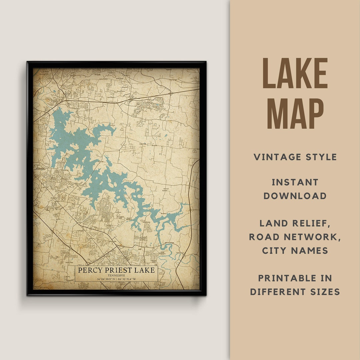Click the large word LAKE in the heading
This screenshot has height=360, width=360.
click(295, 73)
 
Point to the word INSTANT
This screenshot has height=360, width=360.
click(295, 182)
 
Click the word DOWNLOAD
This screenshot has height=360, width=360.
click(295, 196)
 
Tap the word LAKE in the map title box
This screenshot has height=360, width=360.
click(144, 270)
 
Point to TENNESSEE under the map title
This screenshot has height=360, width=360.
click(116, 275)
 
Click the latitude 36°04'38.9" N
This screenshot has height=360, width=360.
click(105, 279)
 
